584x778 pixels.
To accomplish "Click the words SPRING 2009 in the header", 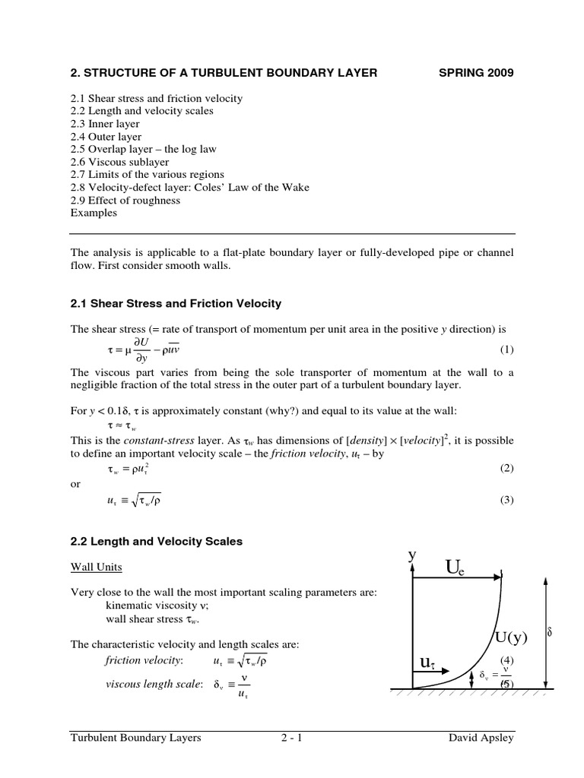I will pos(477,73).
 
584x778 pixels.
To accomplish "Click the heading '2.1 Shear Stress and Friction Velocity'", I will pos(176,303).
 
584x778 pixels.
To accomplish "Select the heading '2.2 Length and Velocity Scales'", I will pos(157,542).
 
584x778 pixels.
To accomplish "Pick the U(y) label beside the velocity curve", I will pos(511,636).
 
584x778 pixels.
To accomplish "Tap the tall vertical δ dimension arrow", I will pos(545,631).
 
